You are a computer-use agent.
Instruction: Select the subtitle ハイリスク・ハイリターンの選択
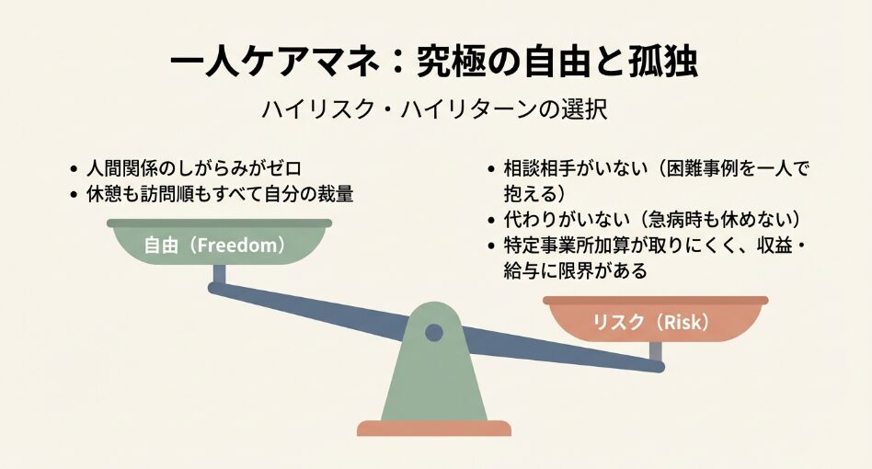tap(435, 109)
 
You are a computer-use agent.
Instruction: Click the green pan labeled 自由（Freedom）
tap(219, 246)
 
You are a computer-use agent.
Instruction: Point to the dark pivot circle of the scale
tap(434, 332)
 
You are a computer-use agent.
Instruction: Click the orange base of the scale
tap(434, 428)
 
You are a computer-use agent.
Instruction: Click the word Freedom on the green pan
tap(238, 246)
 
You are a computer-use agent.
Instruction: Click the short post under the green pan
tap(219, 275)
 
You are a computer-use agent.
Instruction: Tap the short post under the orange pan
tap(655, 351)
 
